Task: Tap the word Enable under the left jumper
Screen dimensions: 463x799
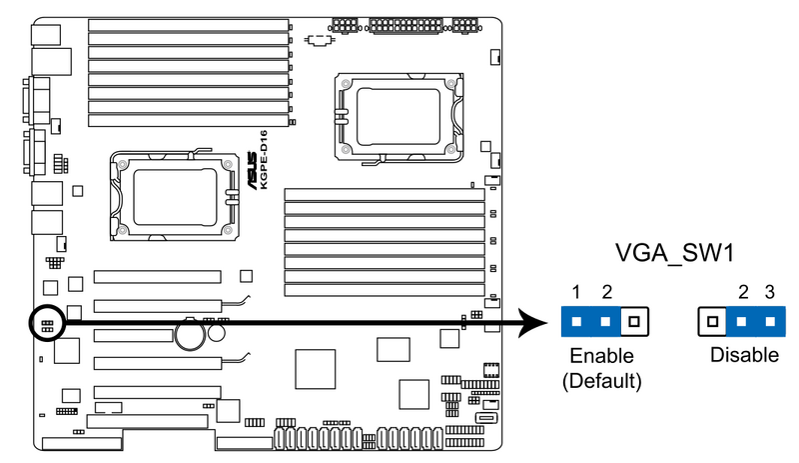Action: click(602, 356)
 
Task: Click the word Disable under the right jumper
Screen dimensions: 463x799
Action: click(744, 356)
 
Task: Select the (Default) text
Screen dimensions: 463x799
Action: click(601, 380)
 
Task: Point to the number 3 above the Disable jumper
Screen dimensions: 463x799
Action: click(769, 293)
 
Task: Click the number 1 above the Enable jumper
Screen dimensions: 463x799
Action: click(576, 293)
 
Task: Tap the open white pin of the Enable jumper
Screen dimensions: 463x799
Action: click(634, 322)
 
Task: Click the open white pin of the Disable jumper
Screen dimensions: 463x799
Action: click(711, 322)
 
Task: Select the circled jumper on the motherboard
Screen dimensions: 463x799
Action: click(47, 322)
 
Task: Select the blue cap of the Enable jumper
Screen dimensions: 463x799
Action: click(590, 322)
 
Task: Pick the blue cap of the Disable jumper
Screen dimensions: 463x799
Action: click(756, 322)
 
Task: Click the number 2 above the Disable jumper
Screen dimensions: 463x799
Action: click(743, 293)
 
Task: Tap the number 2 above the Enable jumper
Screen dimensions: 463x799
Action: click(605, 293)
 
